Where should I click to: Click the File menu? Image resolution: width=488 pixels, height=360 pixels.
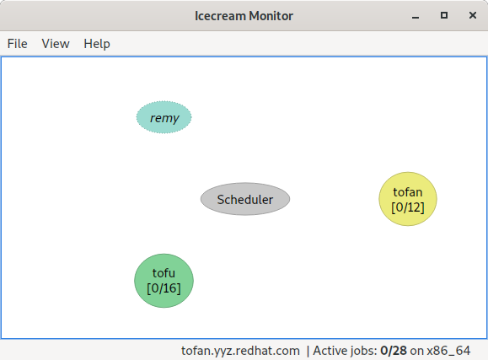(17, 44)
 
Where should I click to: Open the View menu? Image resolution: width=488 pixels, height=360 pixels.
(56, 44)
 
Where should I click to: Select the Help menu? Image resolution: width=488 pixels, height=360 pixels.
(97, 44)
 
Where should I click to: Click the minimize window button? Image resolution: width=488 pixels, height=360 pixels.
(416, 15)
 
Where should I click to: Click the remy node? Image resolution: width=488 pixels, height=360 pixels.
(164, 118)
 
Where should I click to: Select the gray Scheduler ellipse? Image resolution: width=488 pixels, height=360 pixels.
(245, 200)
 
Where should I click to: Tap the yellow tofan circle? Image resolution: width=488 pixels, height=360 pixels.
(408, 199)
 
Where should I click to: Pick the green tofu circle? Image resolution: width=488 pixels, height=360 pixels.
(164, 281)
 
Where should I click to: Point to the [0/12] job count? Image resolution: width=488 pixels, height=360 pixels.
(408, 207)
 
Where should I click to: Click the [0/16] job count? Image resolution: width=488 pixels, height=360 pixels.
(164, 288)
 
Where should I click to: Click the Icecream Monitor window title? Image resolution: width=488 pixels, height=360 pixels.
(244, 15)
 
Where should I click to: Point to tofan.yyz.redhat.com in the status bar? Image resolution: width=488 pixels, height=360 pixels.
(241, 350)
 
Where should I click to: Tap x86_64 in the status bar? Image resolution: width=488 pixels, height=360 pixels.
(451, 350)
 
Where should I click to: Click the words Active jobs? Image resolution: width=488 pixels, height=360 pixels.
(345, 350)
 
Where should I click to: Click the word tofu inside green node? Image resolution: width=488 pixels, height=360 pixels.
(164, 273)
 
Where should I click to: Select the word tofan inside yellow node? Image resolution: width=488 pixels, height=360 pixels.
(408, 192)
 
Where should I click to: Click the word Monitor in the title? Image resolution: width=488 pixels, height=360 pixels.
(269, 15)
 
